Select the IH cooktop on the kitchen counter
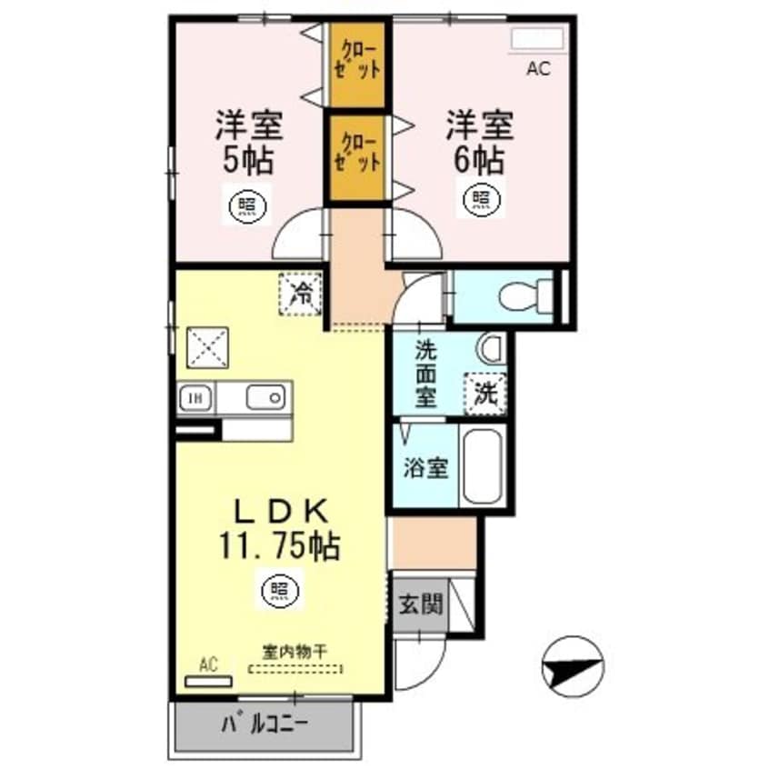[x=195, y=398]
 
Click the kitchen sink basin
[x=265, y=397]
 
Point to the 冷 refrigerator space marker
[x=301, y=295]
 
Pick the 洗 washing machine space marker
[x=485, y=394]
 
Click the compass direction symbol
[x=573, y=667]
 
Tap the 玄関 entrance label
[x=421, y=604]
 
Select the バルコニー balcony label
[x=265, y=724]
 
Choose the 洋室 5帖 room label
[x=249, y=142]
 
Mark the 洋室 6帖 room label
[x=479, y=142]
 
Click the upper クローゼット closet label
[x=357, y=61]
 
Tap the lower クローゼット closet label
[x=357, y=153]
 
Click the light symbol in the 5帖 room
[x=247, y=204]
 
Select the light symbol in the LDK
[x=280, y=589]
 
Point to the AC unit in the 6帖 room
[x=537, y=39]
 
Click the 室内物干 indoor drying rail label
[x=295, y=653]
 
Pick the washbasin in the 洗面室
[x=492, y=348]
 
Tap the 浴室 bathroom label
[x=425, y=467]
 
